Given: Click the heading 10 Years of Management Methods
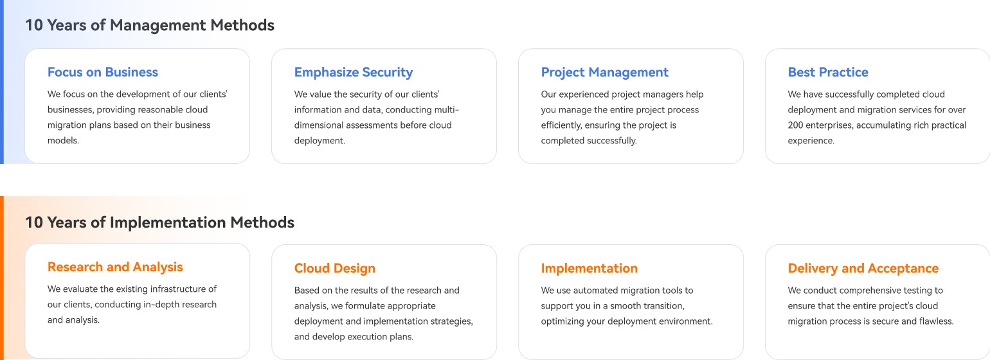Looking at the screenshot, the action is coord(149,25).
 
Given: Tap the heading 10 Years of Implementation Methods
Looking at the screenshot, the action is coord(159,222).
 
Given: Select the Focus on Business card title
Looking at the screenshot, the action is coord(103,72).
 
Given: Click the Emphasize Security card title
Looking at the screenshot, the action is coord(354,73).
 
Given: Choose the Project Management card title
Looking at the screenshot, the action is coord(604,73).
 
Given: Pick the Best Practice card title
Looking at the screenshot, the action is coord(828,72).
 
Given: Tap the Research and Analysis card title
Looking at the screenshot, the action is coord(115,267).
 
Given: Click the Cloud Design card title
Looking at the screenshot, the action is coord(334,269).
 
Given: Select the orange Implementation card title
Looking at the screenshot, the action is coord(589,269).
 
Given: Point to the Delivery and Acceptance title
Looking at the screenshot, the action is coord(863,268).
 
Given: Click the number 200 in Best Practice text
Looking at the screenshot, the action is coord(796,125).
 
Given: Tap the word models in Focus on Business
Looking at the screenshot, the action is coord(63,141).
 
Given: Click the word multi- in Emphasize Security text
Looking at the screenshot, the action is coord(447,109).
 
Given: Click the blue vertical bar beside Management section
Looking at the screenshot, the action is coord(2,82).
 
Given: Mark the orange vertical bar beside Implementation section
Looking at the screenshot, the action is coord(2,278).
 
